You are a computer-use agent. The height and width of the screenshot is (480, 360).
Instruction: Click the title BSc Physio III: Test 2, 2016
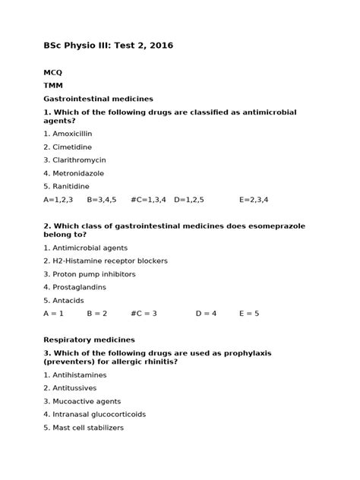click(x=109, y=46)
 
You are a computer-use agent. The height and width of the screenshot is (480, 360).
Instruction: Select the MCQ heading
click(x=53, y=72)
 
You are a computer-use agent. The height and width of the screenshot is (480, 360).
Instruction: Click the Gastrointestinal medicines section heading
click(x=99, y=99)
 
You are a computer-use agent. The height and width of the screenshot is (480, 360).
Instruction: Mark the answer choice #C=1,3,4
click(x=150, y=200)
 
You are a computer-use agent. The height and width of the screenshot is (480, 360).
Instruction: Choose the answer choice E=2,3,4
click(x=254, y=200)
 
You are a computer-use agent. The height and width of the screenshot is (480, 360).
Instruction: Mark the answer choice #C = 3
click(x=144, y=313)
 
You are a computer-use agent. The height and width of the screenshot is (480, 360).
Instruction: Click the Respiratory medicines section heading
click(x=89, y=339)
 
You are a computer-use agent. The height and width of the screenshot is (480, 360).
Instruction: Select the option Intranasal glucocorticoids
click(x=94, y=414)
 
